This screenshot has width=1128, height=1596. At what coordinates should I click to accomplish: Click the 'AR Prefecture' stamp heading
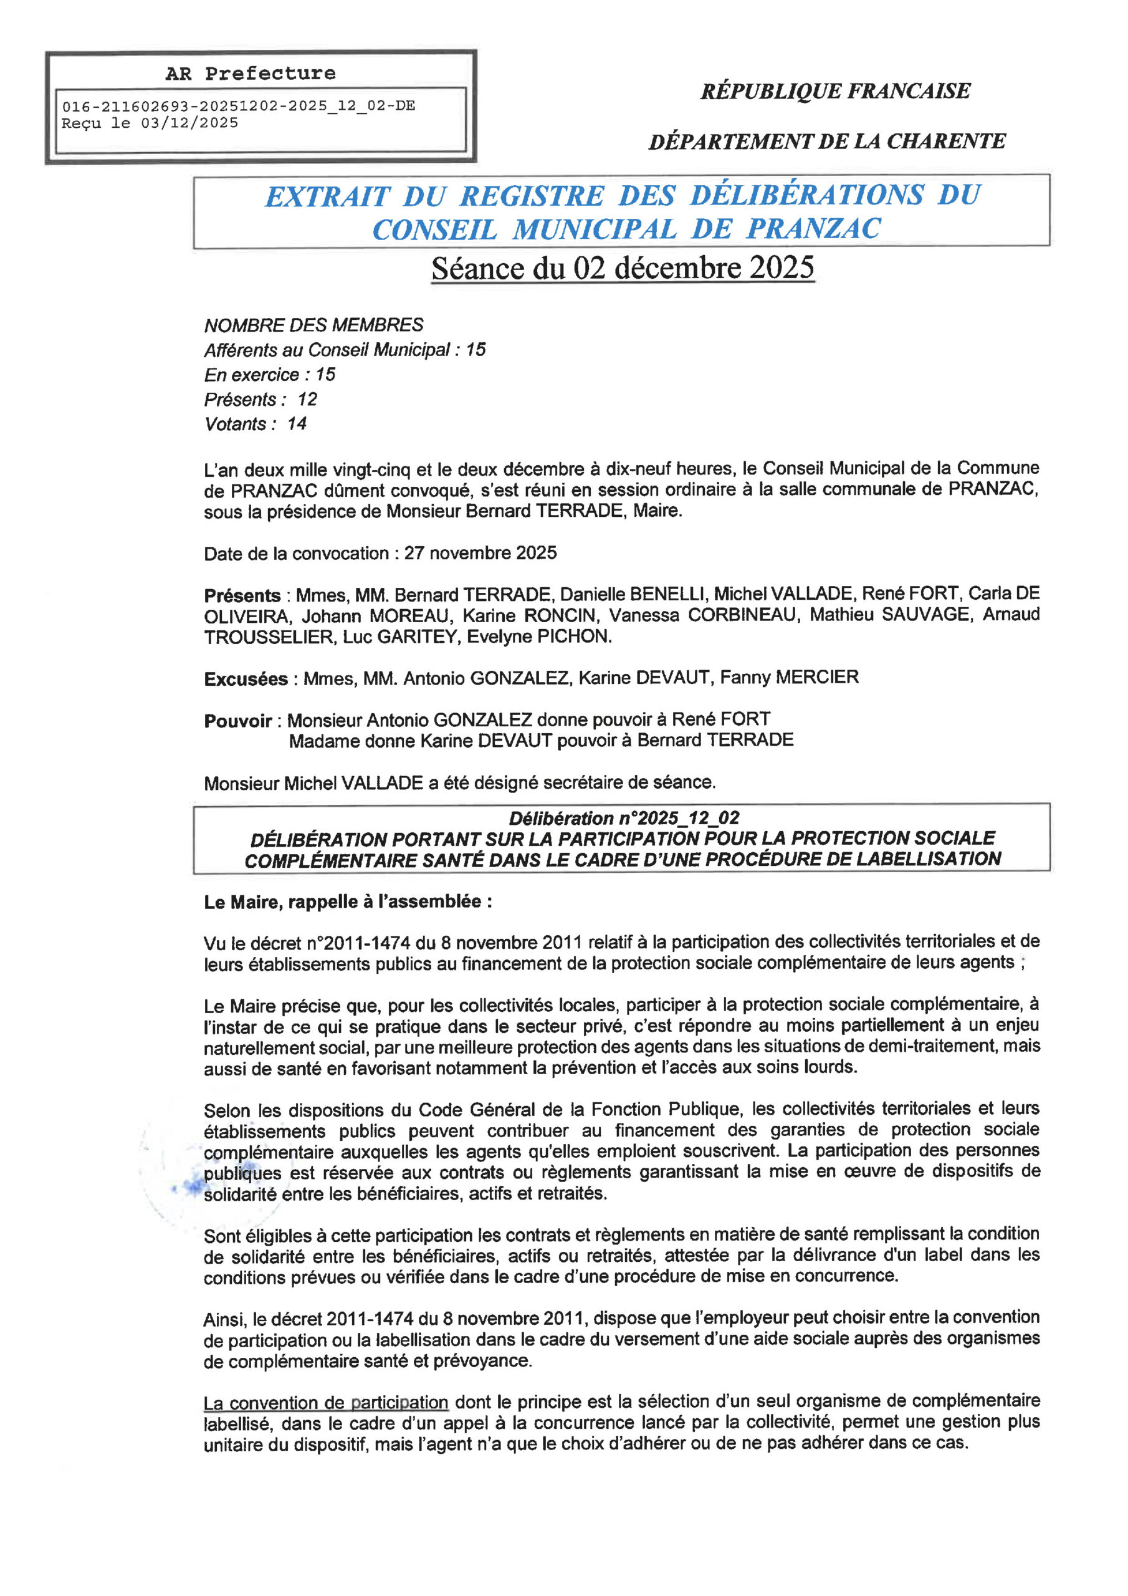pyautogui.click(x=250, y=74)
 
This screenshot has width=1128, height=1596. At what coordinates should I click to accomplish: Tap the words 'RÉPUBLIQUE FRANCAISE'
pyautogui.click(x=834, y=91)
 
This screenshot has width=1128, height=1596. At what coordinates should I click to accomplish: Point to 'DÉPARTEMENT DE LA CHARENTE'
pyautogui.click(x=827, y=141)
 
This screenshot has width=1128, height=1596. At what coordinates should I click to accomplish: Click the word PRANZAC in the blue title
pyautogui.click(x=814, y=229)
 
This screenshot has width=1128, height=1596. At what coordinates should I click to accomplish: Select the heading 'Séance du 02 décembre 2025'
pyautogui.click(x=622, y=268)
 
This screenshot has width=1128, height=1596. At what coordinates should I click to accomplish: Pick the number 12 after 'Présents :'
pyautogui.click(x=307, y=400)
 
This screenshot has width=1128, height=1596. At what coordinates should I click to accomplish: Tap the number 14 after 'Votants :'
pyautogui.click(x=297, y=424)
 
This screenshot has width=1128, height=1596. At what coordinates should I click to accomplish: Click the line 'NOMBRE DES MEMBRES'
pyautogui.click(x=313, y=325)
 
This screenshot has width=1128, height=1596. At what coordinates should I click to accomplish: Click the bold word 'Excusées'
pyautogui.click(x=246, y=679)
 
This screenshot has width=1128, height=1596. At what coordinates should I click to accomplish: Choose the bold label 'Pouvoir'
pyautogui.click(x=237, y=721)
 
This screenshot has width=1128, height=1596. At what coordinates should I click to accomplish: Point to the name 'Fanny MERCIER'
pyautogui.click(x=789, y=677)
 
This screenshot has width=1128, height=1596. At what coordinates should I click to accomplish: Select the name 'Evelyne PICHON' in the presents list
pyautogui.click(x=538, y=637)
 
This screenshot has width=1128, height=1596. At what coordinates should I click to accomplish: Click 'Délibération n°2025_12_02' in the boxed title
pyautogui.click(x=623, y=818)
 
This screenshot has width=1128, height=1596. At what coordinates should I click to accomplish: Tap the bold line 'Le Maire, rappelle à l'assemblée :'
pyautogui.click(x=348, y=902)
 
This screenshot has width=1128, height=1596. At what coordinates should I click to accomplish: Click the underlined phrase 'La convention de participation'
pyautogui.click(x=325, y=1403)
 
